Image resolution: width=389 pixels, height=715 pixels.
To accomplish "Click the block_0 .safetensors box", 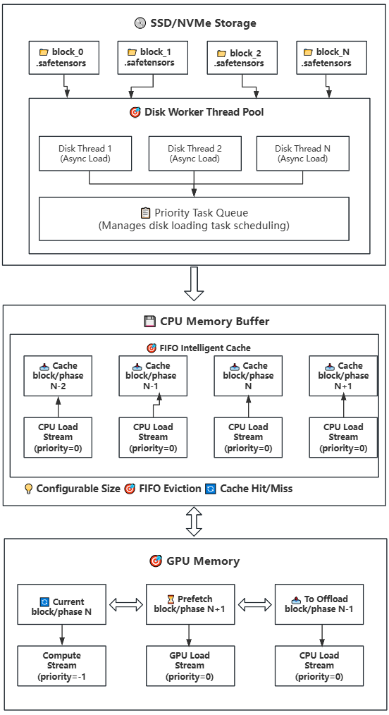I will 64,57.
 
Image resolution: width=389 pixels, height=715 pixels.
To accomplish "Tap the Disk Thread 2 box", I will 194,153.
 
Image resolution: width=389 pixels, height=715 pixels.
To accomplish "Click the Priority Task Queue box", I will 194,219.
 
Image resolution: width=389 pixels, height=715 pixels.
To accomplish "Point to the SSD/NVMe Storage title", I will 195,23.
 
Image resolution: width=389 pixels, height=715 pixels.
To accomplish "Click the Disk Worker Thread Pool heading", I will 197,112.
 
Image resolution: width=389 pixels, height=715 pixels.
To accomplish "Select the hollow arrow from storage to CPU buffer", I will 194,284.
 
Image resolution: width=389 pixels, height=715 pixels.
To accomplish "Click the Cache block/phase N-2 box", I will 58,376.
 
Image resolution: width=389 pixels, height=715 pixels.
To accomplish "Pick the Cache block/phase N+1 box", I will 343,376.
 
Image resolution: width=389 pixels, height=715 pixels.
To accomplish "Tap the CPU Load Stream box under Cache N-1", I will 153,437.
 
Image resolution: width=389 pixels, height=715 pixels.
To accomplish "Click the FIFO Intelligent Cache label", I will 198,348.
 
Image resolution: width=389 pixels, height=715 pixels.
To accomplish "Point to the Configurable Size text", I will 78,489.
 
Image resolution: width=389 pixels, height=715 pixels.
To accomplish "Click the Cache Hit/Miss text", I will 255,489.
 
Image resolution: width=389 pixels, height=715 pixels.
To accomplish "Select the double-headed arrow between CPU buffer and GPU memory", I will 194,522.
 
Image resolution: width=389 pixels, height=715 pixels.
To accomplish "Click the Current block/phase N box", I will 62,606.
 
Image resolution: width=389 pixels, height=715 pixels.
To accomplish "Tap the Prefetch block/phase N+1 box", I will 190,604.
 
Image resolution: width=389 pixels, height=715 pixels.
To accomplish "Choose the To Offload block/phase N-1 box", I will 319,604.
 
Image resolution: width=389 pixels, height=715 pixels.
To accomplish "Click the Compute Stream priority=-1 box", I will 62,666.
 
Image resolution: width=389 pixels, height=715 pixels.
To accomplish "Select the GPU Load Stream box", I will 190,666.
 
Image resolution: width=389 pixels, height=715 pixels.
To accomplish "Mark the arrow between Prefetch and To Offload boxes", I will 254,604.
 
